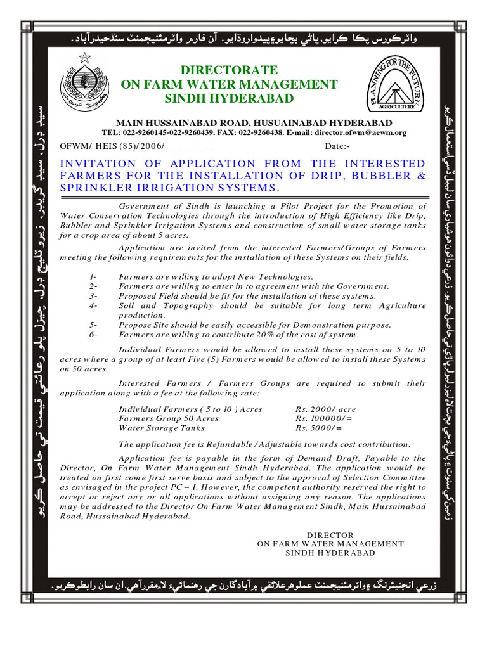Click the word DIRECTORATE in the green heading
(x=229, y=70)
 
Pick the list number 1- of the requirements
(x=93, y=277)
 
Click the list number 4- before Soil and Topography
(x=93, y=305)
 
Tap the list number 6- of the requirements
(x=93, y=334)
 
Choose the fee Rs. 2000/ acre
(x=326, y=409)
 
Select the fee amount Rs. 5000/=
(x=319, y=428)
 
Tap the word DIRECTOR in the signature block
(x=330, y=536)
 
